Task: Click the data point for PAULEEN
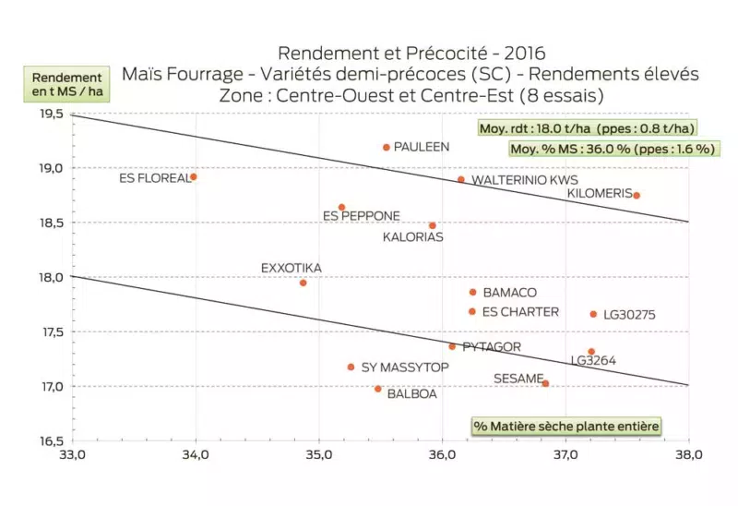pyautogui.click(x=387, y=147)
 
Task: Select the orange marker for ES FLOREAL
pyautogui.click(x=193, y=176)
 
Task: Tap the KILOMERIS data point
pyautogui.click(x=637, y=195)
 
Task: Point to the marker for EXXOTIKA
pyautogui.click(x=303, y=283)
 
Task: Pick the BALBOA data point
pyautogui.click(x=378, y=389)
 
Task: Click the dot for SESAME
pyautogui.click(x=545, y=383)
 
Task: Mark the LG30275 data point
pyautogui.click(x=593, y=314)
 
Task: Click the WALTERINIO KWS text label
pyautogui.click(x=525, y=180)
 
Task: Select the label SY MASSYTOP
pyautogui.click(x=405, y=367)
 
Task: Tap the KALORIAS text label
pyautogui.click(x=412, y=237)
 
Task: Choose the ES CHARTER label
pyautogui.click(x=520, y=312)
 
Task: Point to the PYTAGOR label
pyautogui.click(x=492, y=347)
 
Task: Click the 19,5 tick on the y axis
pyautogui.click(x=49, y=114)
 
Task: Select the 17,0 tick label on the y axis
pyautogui.click(x=49, y=386)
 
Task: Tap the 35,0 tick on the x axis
pyautogui.click(x=319, y=455)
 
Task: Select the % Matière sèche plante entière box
pyautogui.click(x=566, y=426)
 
